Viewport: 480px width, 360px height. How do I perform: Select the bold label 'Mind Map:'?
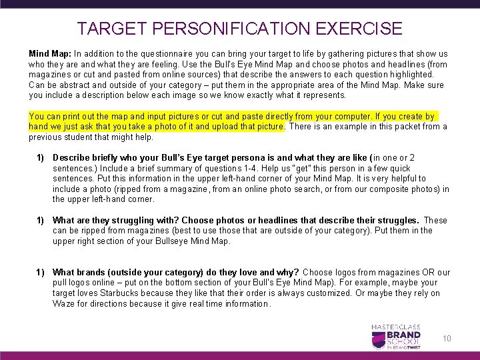[x=49, y=53]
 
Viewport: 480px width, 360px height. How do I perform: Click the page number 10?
[x=447, y=339]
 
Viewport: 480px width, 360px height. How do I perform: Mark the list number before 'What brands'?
[x=40, y=272]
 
